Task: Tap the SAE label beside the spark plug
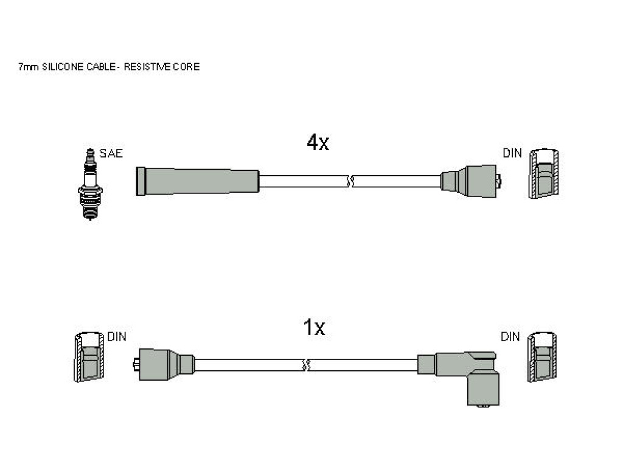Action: tap(111, 153)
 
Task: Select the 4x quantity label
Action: tap(318, 142)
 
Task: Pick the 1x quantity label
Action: tap(314, 328)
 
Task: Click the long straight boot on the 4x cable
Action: tap(198, 181)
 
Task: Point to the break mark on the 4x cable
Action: tap(350, 181)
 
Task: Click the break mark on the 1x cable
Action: tap(306, 365)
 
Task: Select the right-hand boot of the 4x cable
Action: tap(470, 181)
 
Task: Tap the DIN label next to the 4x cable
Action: tap(512, 153)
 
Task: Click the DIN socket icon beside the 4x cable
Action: tap(543, 173)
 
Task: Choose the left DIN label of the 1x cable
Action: tap(116, 337)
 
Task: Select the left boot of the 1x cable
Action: tap(164, 365)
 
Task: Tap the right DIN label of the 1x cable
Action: tap(510, 337)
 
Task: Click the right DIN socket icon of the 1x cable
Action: tap(542, 356)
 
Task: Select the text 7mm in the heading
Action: tap(29, 67)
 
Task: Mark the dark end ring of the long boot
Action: tap(141, 181)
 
